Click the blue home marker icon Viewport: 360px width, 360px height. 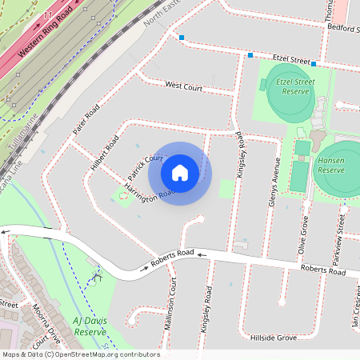pyautogui.click(x=180, y=172)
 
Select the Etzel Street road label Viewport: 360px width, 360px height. pyautogui.click(x=291, y=59)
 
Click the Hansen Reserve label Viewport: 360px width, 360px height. pyautogui.click(x=330, y=165)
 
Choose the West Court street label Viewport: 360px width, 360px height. pyautogui.click(x=183, y=86)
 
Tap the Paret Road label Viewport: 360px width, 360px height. pyautogui.click(x=85, y=119)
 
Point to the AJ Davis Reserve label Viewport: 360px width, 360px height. pyautogui.click(x=90, y=326)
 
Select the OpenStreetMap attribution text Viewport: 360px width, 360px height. pyautogui.click(x=80, y=354)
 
